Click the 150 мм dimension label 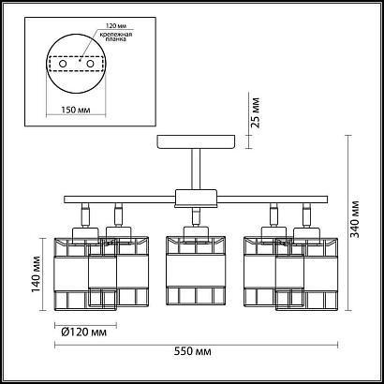point(76,111)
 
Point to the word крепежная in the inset point(115,34)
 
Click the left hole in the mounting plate point(63,64)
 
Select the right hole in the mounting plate point(91,64)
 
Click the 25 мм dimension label point(256,112)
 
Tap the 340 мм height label point(355,219)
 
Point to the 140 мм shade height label point(36,274)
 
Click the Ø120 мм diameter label point(83,332)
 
